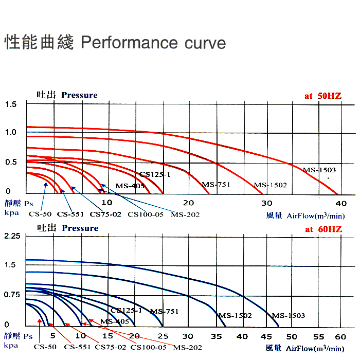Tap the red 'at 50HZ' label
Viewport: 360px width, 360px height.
point(323,96)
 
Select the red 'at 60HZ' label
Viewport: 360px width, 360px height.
point(323,229)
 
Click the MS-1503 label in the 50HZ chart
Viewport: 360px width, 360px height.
point(319,170)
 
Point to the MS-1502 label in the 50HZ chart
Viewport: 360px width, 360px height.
point(271,185)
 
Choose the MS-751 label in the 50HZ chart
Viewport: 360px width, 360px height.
point(215,184)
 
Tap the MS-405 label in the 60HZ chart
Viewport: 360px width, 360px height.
point(115,322)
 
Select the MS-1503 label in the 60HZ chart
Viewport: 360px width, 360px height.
point(289,315)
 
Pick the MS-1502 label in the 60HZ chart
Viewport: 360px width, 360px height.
point(236,315)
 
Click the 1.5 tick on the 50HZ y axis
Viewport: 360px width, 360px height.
point(11,104)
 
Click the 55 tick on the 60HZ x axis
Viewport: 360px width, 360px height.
point(319,336)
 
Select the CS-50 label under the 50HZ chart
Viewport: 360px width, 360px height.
point(40,214)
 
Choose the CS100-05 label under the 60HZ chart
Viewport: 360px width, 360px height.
point(149,347)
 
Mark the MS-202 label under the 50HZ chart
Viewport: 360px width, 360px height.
point(185,214)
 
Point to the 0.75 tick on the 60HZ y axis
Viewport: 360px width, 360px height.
point(11,295)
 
